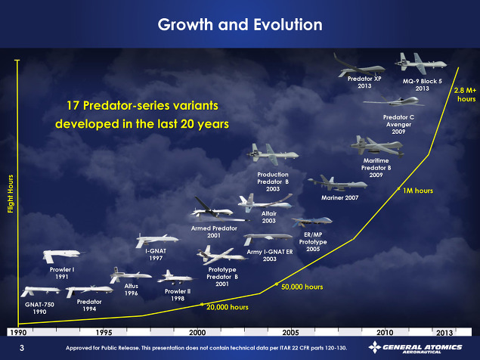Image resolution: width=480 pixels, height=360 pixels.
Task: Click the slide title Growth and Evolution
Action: (x=240, y=24)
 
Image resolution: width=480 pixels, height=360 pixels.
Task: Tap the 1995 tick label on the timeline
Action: (x=104, y=333)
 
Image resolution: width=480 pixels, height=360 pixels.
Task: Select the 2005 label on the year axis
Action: (x=290, y=333)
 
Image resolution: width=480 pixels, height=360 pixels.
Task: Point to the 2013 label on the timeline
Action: (x=444, y=333)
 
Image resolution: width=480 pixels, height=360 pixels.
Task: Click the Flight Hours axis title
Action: (x=11, y=194)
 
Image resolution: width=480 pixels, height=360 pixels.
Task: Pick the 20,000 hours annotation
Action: (x=227, y=307)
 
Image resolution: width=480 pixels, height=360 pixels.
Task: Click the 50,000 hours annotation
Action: (x=302, y=287)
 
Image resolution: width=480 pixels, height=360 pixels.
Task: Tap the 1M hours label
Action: (x=417, y=191)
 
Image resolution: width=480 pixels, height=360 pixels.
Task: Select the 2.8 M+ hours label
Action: (x=466, y=95)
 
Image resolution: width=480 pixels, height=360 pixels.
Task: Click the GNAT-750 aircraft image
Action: (x=40, y=290)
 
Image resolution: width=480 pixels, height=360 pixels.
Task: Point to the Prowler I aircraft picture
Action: (x=62, y=256)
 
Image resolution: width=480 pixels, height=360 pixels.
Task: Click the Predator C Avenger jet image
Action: (x=395, y=101)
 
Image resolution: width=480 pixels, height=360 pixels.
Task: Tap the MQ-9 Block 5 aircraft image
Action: (x=420, y=64)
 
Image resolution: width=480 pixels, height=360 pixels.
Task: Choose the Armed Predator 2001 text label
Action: (x=214, y=231)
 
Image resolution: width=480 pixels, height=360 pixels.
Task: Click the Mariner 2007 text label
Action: (x=340, y=197)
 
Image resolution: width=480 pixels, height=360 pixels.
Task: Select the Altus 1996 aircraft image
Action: (x=130, y=275)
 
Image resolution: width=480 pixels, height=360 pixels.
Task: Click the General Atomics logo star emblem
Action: (x=375, y=347)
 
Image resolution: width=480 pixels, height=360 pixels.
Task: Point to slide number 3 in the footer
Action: (x=22, y=348)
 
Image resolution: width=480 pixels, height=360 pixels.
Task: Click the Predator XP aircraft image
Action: (x=359, y=66)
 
